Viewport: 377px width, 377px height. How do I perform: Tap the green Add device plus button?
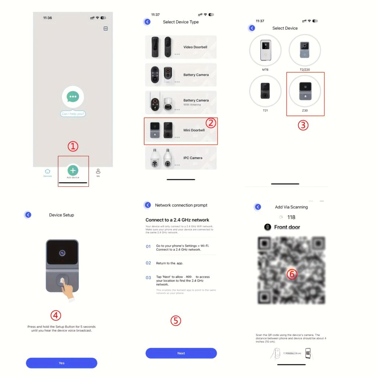pos(73,170)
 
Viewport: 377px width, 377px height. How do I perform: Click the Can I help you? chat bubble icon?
pos(73,97)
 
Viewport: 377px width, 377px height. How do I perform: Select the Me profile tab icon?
pos(98,171)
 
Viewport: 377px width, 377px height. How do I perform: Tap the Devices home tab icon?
pos(47,171)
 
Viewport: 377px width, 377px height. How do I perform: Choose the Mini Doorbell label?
pos(194,130)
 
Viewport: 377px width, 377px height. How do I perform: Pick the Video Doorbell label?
pos(195,47)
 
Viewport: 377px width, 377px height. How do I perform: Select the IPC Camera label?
pos(193,158)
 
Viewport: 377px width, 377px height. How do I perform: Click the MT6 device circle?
pos(265,50)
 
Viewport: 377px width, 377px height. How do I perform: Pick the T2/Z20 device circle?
pos(304,50)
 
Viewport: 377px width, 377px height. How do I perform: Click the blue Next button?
pos(181,353)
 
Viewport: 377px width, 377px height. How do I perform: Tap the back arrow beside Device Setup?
pos(28,215)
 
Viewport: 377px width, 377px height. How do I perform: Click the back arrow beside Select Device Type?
pos(147,22)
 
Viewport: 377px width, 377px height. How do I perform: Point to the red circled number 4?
pos(56,316)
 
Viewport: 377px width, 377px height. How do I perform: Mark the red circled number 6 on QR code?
pos(292,274)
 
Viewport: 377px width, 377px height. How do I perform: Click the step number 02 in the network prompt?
pos(148,263)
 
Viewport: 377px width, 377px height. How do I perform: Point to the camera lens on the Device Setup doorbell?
pos(62,253)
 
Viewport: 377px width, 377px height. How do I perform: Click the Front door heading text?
pos(287,227)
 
